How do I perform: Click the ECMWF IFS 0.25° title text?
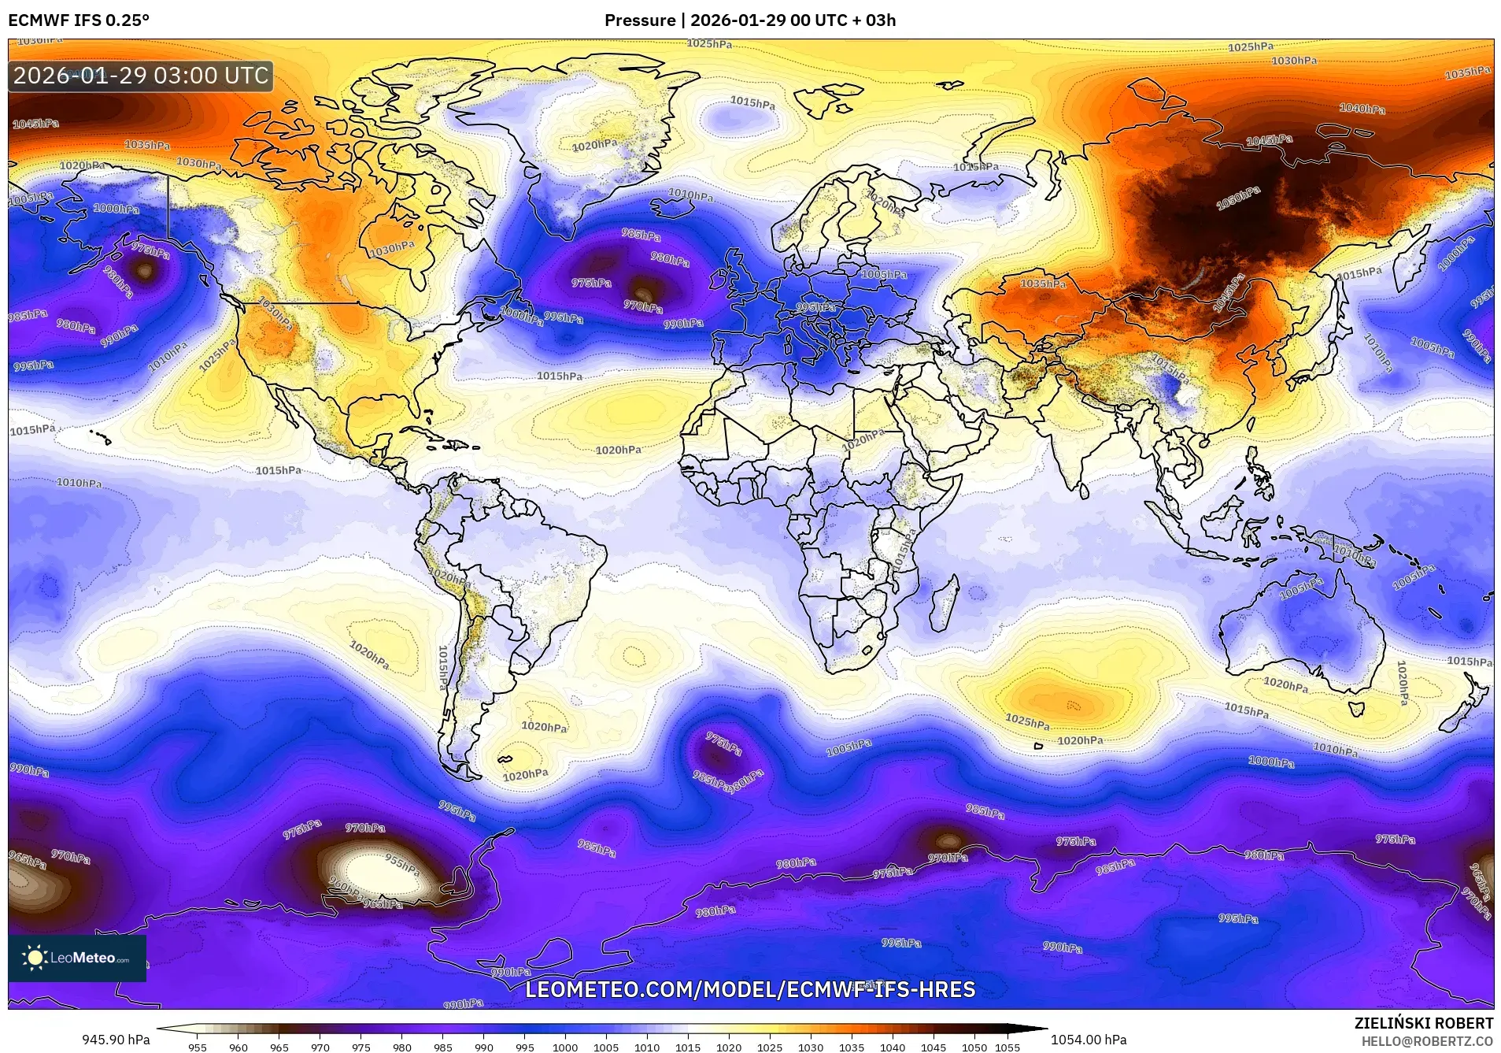[x=78, y=20]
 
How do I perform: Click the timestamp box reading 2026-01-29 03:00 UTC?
[x=141, y=76]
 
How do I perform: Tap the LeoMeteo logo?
[x=77, y=958]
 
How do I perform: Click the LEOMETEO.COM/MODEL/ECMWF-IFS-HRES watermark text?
[x=749, y=989]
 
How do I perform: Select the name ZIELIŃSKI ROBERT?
[x=1423, y=1023]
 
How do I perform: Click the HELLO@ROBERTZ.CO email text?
[x=1427, y=1040]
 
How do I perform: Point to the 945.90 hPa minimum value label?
[x=116, y=1040]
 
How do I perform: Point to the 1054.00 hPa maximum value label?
[x=1089, y=1040]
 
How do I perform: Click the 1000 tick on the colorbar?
[x=565, y=1047]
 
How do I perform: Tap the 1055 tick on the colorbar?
[x=1007, y=1047]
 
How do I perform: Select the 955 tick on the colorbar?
[x=198, y=1047]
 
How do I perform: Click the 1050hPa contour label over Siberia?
[x=1238, y=198]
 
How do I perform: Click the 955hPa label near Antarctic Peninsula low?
[x=402, y=863]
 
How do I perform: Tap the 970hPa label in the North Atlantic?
[x=642, y=307]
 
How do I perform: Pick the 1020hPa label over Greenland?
[x=594, y=146]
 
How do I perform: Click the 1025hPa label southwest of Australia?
[x=1027, y=721]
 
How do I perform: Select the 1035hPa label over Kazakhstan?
[x=1043, y=284]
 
